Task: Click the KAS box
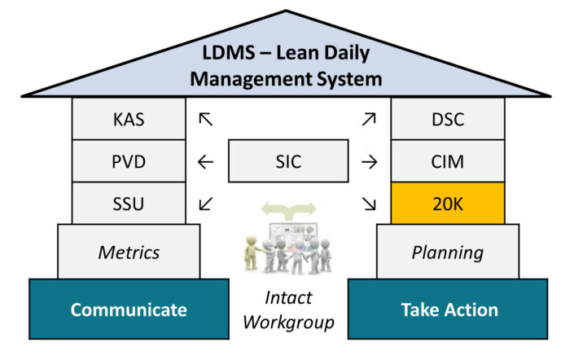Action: (x=128, y=119)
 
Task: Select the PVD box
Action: (x=128, y=161)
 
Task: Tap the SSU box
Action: (x=128, y=203)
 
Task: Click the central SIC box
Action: (x=288, y=161)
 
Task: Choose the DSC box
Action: (x=448, y=119)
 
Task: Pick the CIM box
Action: (x=448, y=161)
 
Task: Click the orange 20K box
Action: (x=448, y=203)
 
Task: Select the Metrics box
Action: (x=128, y=251)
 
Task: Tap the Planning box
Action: (x=448, y=251)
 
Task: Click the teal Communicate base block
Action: (x=128, y=310)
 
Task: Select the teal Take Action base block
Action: (x=448, y=310)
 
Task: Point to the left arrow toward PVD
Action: (x=205, y=162)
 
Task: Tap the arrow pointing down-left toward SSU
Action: (x=205, y=203)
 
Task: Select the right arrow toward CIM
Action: (x=370, y=162)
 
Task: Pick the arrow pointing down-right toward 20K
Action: (x=370, y=203)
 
